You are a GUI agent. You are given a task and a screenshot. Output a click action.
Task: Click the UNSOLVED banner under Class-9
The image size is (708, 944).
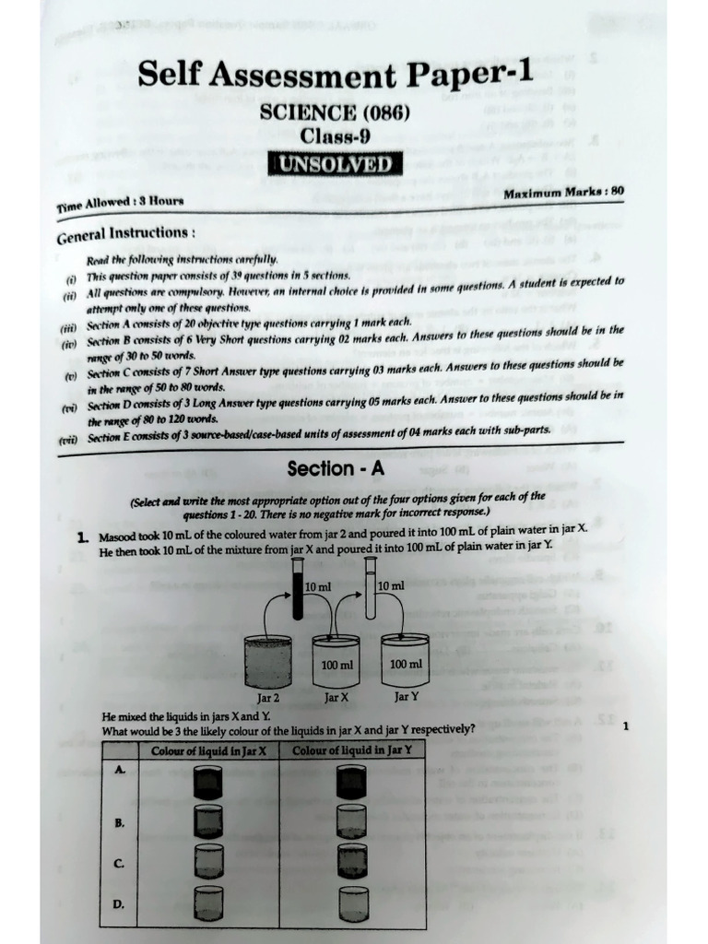336,165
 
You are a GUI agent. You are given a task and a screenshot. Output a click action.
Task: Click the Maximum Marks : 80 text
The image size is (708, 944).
564,193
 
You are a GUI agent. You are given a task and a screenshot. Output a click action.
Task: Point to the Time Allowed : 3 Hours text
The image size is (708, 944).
119,201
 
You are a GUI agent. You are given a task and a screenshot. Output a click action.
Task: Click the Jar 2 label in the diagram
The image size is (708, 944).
267,698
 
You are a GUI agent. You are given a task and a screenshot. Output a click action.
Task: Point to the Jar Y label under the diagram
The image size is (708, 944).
407,697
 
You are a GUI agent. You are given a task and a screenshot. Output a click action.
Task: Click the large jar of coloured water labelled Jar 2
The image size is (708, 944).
268,661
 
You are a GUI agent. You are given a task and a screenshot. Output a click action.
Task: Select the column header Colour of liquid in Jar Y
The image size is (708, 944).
351,749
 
